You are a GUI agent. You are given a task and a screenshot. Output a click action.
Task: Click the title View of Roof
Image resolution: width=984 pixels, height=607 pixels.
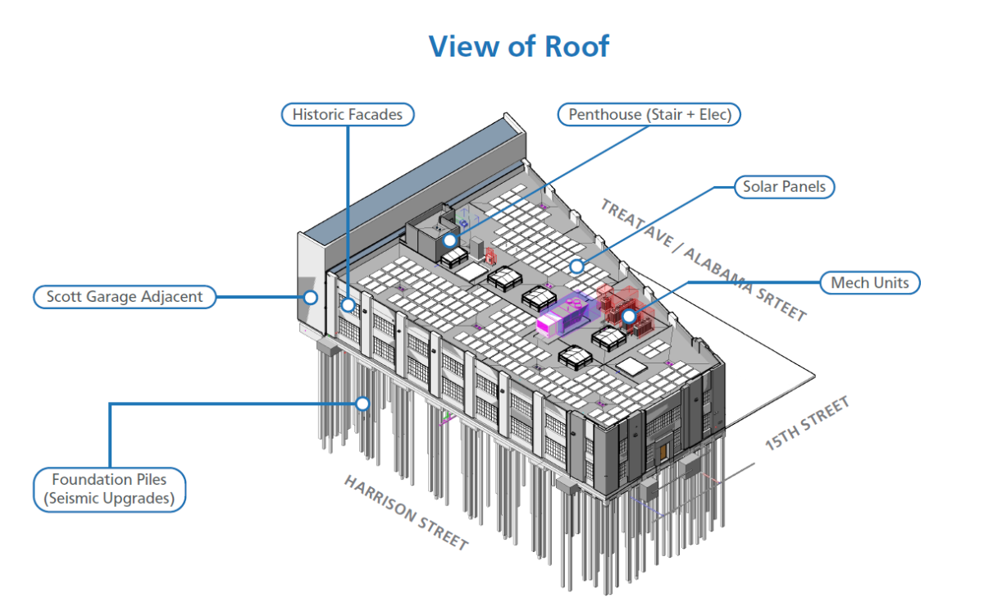coord(518,46)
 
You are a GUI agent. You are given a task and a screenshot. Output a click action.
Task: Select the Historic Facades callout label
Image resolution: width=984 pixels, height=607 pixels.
coord(348,114)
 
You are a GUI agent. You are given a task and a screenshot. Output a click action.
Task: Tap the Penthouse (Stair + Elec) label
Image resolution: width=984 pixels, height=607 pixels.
coord(649,114)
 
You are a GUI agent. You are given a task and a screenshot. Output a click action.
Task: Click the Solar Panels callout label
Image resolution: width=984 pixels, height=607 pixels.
coord(784,187)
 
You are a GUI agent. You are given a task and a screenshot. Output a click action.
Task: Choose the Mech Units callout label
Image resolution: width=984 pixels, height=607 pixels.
coord(870,283)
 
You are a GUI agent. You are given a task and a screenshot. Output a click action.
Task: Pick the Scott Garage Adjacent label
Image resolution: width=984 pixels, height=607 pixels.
coord(125,296)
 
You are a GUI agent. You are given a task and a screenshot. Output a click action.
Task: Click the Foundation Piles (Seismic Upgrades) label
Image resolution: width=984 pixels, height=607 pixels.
coord(110,489)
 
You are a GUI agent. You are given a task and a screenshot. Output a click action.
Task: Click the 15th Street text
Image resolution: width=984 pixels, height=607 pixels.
coord(807,423)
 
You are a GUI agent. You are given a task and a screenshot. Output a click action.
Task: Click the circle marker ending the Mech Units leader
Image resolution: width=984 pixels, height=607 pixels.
coord(628,316)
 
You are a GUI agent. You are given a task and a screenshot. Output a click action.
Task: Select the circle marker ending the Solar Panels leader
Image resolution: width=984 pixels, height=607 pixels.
coord(577,266)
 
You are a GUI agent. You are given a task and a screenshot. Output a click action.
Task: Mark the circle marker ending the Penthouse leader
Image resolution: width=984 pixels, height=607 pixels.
coord(449,240)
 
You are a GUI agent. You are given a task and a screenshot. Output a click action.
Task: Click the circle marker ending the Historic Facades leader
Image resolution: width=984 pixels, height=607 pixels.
coord(348,305)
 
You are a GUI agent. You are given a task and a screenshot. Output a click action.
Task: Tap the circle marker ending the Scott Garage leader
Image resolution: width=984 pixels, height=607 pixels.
coord(310,297)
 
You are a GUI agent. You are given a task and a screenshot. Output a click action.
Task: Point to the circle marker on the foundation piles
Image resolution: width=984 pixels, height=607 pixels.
coord(362,403)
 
